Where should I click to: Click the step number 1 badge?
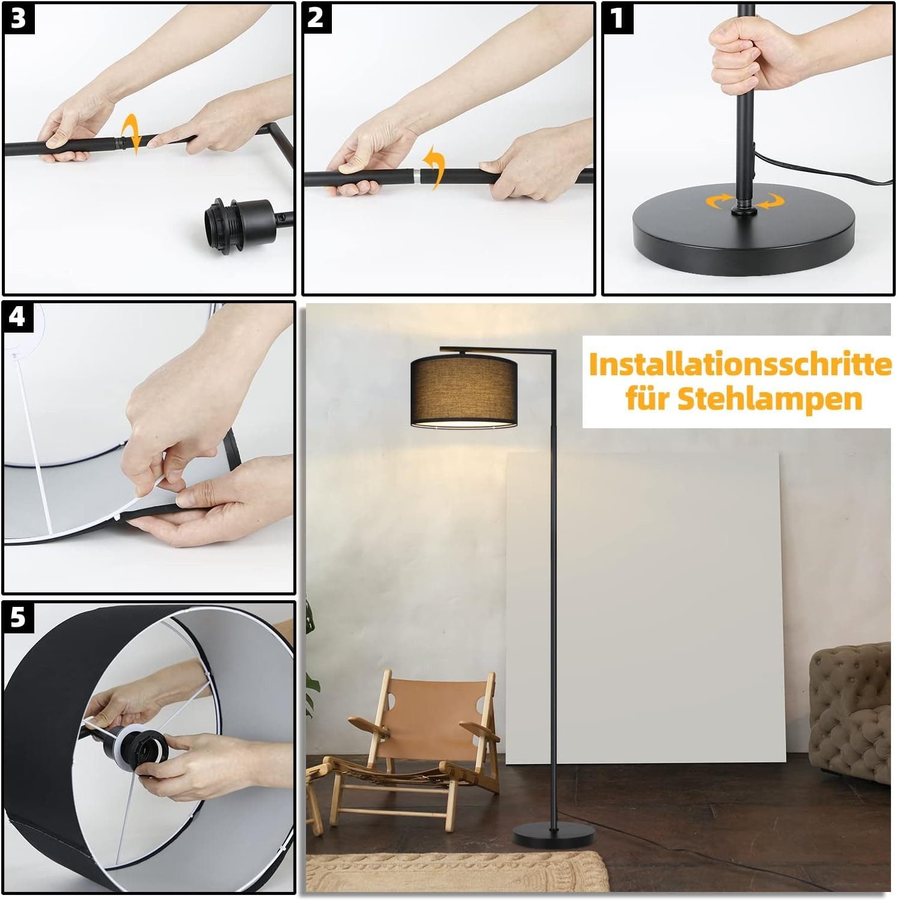tap(617, 18)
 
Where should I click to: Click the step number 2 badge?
tap(316, 18)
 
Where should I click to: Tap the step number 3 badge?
tap(18, 18)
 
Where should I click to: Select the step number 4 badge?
tap(18, 316)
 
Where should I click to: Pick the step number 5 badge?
tap(18, 617)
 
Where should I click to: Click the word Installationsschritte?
tap(739, 366)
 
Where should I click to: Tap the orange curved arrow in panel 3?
tap(131, 135)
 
